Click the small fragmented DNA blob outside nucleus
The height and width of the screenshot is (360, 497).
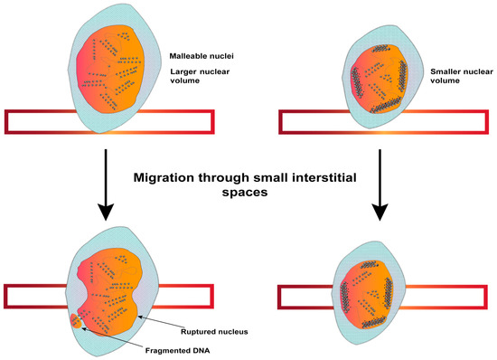coord(76,322)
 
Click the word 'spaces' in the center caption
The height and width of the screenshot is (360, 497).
coord(248,194)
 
